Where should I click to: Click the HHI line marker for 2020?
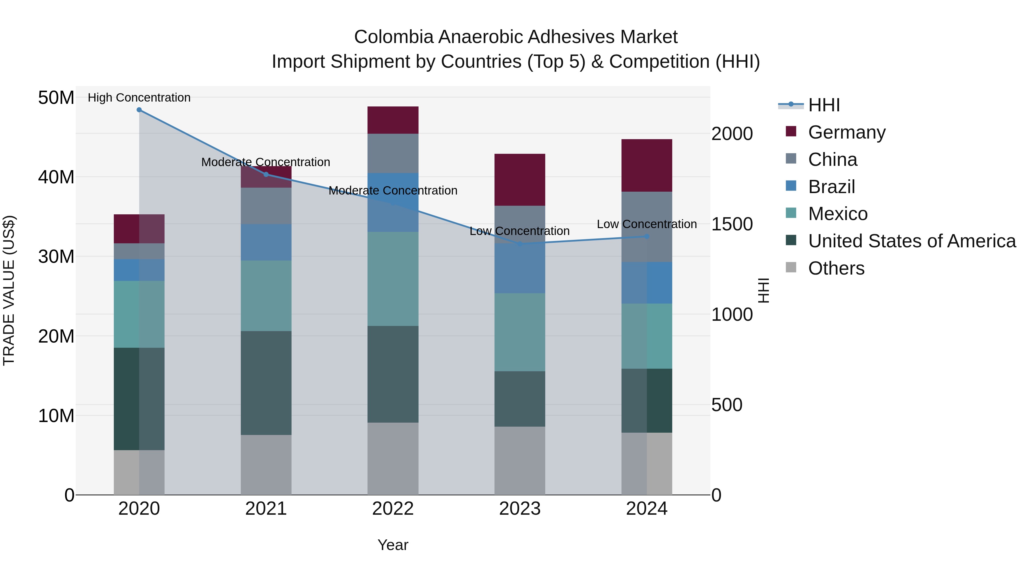[x=139, y=110]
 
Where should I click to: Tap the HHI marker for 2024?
[x=647, y=237]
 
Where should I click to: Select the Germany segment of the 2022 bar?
[x=393, y=120]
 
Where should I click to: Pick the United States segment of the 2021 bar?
[x=266, y=383]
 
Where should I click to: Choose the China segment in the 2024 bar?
[x=647, y=227]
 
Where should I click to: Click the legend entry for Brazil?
[x=831, y=187]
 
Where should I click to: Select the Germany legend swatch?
[x=791, y=131]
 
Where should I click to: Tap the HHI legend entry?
[x=824, y=105]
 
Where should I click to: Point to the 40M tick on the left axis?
[x=56, y=177]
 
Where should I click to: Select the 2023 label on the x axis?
[x=520, y=509]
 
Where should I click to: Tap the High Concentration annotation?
[x=139, y=98]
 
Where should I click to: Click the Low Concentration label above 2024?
[x=647, y=224]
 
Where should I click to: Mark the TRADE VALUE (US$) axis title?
[x=9, y=290]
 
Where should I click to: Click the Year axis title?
[x=393, y=545]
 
